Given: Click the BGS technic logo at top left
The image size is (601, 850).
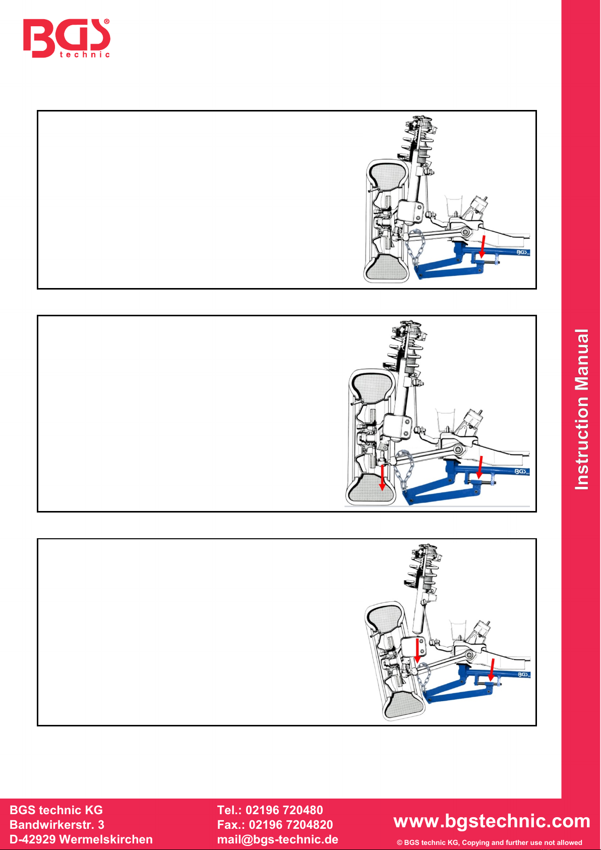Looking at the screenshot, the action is pyautogui.click(x=67, y=38).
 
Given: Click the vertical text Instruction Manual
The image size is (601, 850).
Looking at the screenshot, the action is pyautogui.click(x=581, y=410).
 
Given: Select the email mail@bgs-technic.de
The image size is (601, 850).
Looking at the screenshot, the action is pyautogui.click(x=278, y=839).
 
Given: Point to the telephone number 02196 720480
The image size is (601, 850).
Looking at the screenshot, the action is pyautogui.click(x=284, y=810).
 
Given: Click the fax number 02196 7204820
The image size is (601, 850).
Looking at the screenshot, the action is pyautogui.click(x=290, y=824).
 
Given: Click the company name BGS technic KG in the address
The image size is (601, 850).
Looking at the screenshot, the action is pyautogui.click(x=56, y=810).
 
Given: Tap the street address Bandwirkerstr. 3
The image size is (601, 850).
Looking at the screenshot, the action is pyautogui.click(x=57, y=824).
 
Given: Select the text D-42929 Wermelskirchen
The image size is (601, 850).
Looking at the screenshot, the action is pyautogui.click(x=81, y=839).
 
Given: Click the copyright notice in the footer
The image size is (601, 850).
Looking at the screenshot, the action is pyautogui.click(x=489, y=842).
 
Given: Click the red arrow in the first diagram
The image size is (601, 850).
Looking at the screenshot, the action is pyautogui.click(x=483, y=246).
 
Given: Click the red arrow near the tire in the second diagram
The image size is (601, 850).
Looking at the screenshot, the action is pyautogui.click(x=382, y=477).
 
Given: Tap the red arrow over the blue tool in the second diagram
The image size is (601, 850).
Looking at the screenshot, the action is pyautogui.click(x=480, y=467).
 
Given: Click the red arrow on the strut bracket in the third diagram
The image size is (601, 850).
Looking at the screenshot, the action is pyautogui.click(x=417, y=650).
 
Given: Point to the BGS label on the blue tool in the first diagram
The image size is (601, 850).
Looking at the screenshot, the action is pyautogui.click(x=522, y=252).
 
